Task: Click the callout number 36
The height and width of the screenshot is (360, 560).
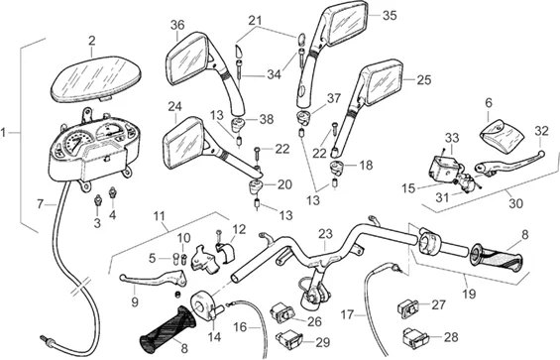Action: pyautogui.click(x=177, y=25)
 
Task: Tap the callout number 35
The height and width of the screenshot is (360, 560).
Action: pyautogui.click(x=390, y=16)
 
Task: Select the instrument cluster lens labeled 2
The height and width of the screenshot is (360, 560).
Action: pyautogui.click(x=96, y=80)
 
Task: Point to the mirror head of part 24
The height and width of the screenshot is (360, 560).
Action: pyautogui.click(x=184, y=143)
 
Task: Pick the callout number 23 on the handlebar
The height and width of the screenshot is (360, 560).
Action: pyautogui.click(x=325, y=234)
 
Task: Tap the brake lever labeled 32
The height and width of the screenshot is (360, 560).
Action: pyautogui.click(x=508, y=163)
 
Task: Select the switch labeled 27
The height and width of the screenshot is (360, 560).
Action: pyautogui.click(x=407, y=308)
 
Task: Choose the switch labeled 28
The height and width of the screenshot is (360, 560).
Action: pyautogui.click(x=415, y=338)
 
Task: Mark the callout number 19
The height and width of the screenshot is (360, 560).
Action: pyautogui.click(x=469, y=294)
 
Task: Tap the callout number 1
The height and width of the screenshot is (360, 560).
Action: pyautogui.click(x=3, y=133)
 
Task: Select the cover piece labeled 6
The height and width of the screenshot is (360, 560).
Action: pyautogui.click(x=501, y=134)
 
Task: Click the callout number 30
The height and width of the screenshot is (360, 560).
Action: pyautogui.click(x=515, y=203)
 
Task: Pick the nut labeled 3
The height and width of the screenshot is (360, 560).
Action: pyautogui.click(x=97, y=201)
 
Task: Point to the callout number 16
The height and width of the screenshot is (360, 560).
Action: pyautogui.click(x=241, y=326)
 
